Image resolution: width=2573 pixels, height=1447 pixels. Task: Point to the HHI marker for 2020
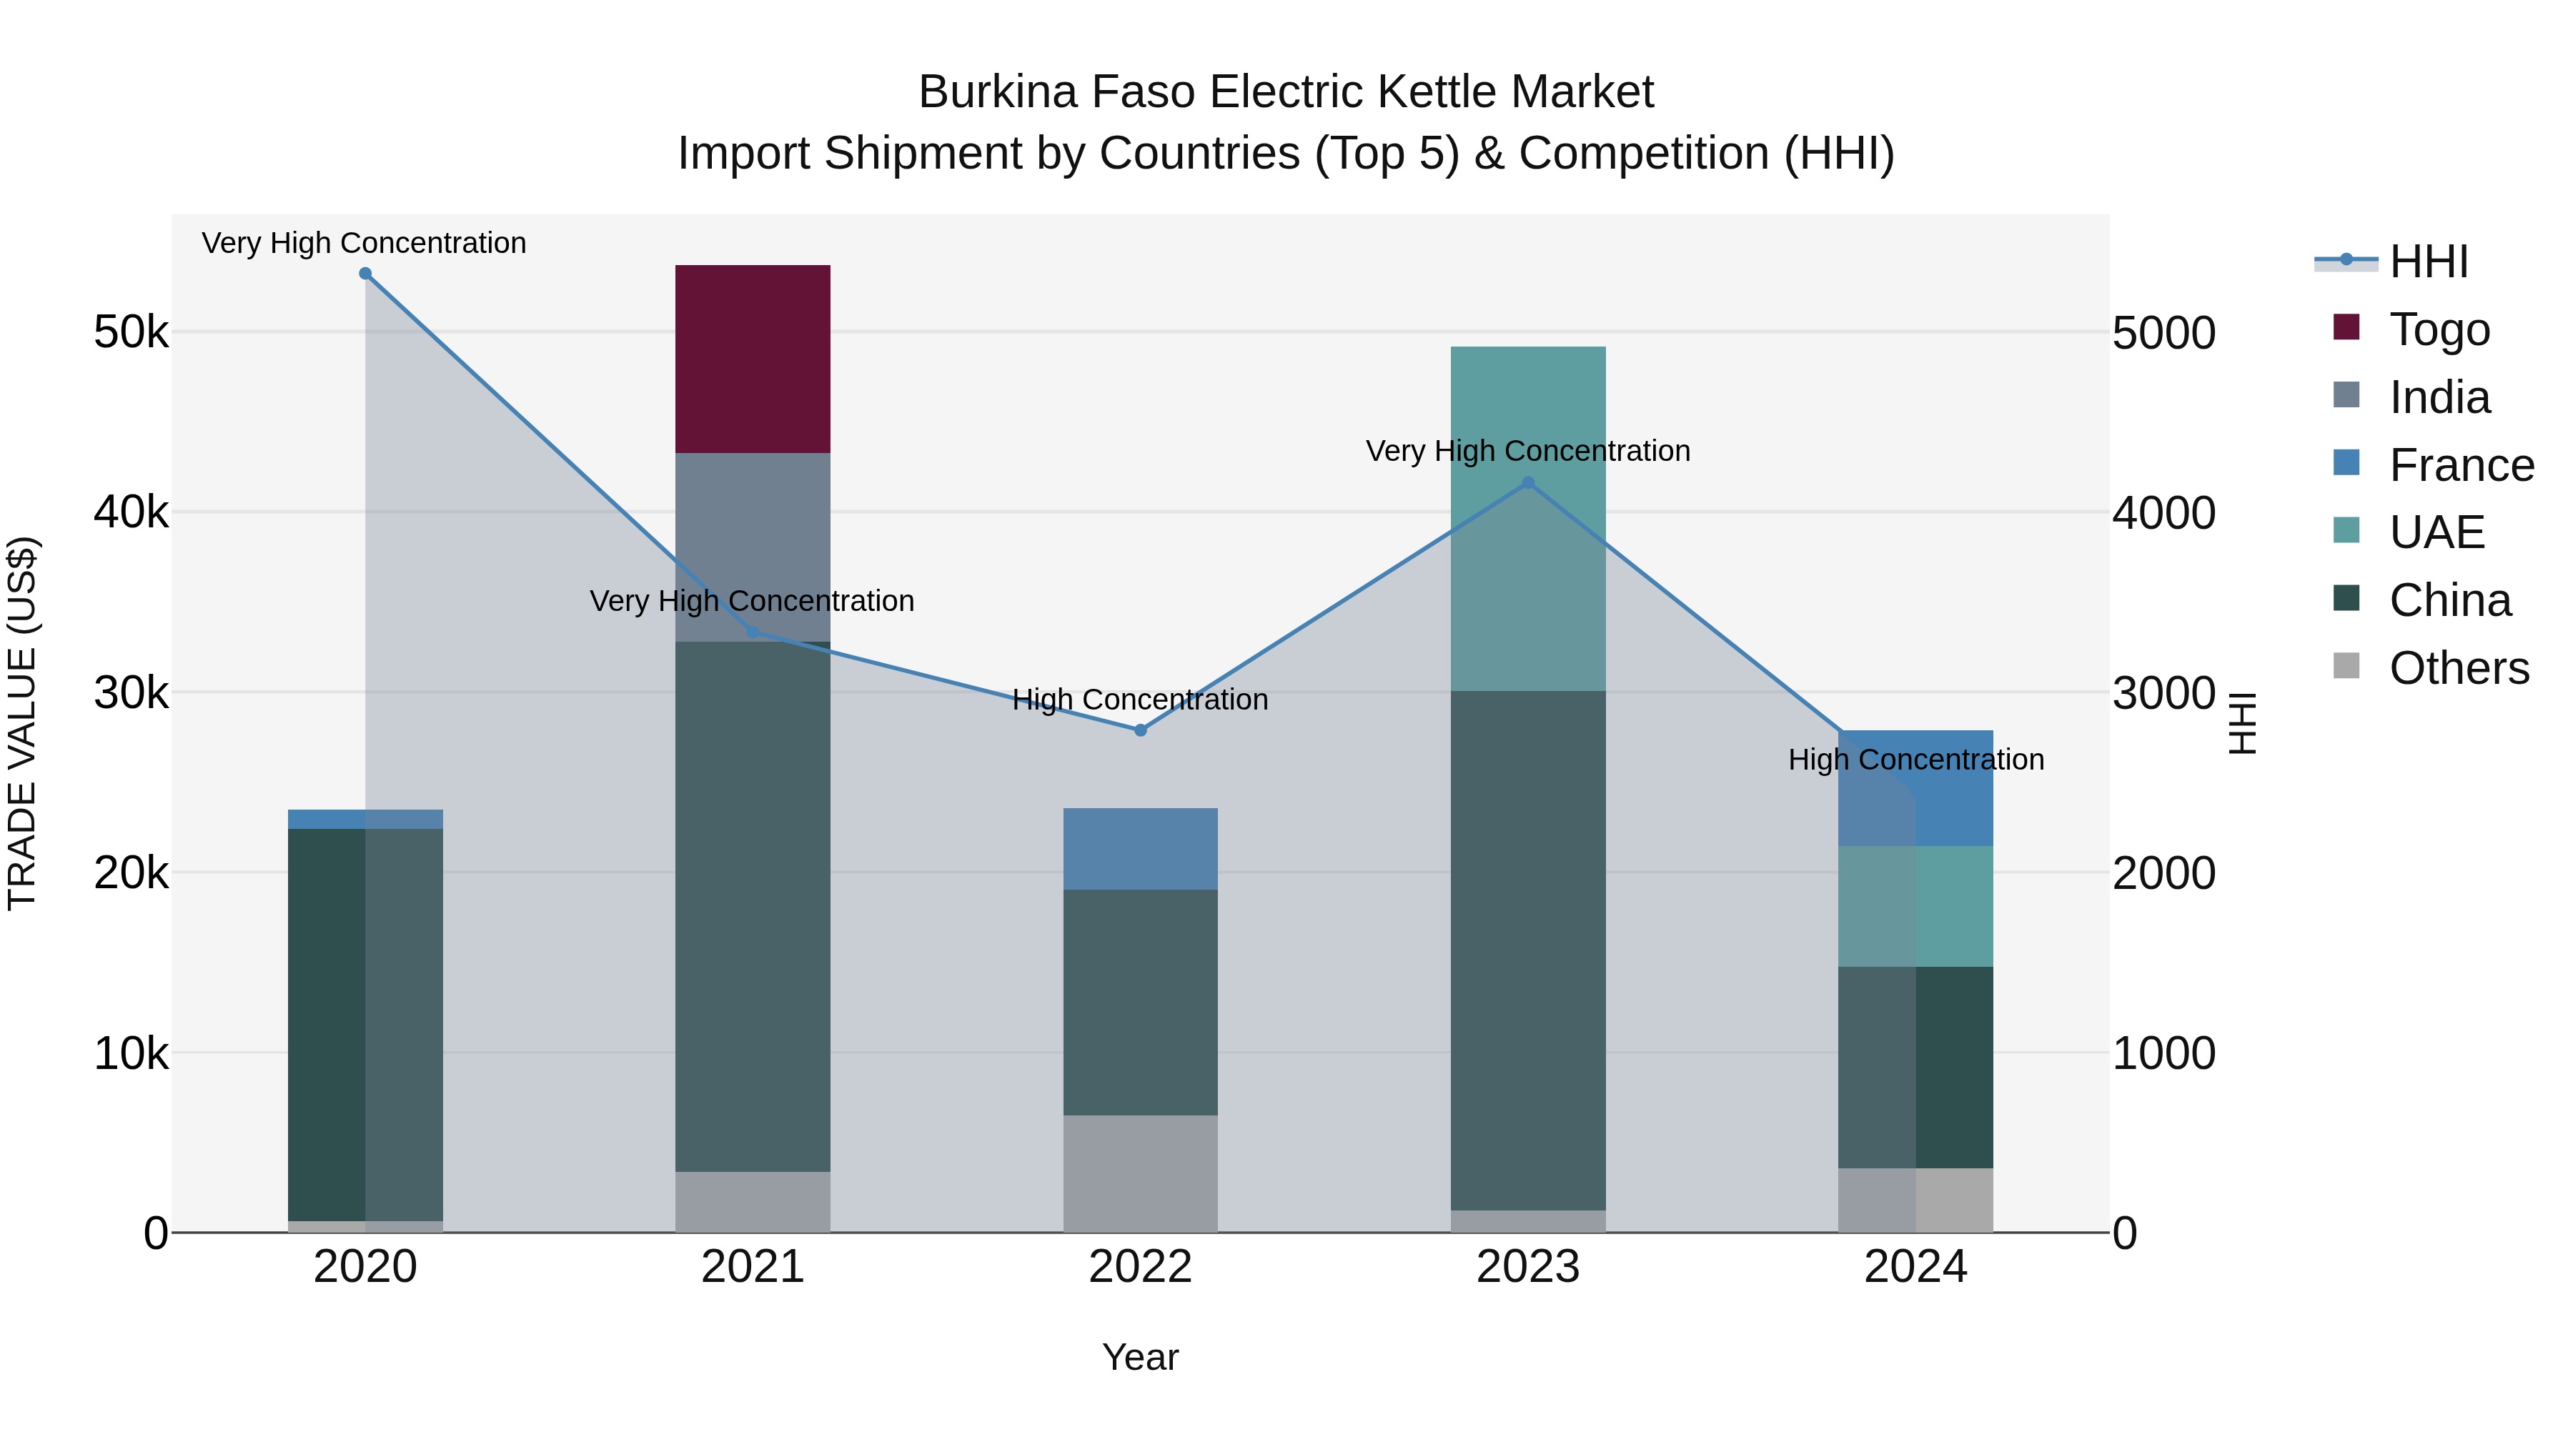(x=365, y=274)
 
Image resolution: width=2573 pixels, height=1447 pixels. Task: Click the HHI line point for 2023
(x=1527, y=483)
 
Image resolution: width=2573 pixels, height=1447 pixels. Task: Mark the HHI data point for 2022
(x=1140, y=730)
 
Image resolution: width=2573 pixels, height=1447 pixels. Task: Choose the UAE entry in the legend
(x=2436, y=532)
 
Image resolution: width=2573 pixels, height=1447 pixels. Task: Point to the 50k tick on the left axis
(x=131, y=332)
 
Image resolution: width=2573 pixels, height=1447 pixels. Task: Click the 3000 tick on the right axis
(x=2163, y=693)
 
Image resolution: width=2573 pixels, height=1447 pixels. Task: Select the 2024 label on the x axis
(x=1915, y=1267)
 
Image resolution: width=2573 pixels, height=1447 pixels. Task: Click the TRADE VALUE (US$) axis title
(x=22, y=723)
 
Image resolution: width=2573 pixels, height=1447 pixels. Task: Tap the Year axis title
(x=1140, y=1357)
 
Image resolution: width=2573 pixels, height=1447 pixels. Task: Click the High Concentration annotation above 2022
(x=1140, y=699)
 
